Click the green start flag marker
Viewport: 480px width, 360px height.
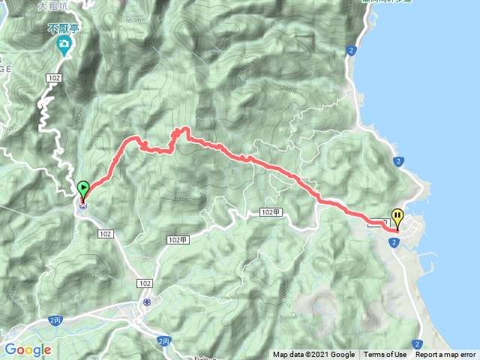[83, 188]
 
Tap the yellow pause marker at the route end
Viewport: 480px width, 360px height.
[397, 217]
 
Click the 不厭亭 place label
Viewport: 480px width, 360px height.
[64, 28]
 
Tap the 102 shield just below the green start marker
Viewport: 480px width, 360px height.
[105, 234]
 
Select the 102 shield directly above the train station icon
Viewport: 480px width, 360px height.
[144, 283]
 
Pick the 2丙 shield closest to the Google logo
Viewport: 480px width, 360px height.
[55, 320]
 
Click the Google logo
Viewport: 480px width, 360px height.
[27, 349]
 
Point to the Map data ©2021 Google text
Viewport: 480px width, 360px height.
[313, 355]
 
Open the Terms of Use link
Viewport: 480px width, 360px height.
[385, 355]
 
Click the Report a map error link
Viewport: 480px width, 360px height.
[445, 355]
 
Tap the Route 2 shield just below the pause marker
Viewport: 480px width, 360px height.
[393, 241]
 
